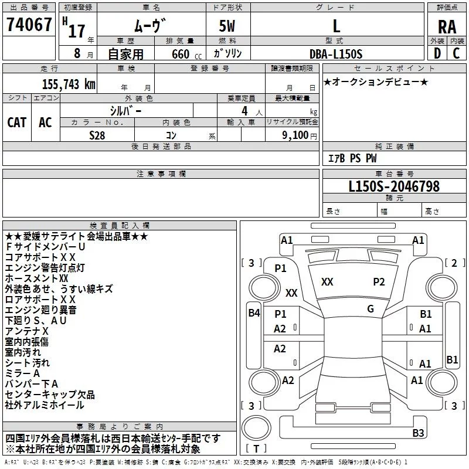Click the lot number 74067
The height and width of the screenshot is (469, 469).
(29, 25)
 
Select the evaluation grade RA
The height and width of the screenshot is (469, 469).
(447, 26)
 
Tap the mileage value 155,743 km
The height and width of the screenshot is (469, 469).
(69, 84)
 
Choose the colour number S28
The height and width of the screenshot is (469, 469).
(97, 134)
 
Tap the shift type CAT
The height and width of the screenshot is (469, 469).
(16, 122)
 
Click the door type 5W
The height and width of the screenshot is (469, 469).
(227, 26)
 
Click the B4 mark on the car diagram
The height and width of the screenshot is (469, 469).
(253, 313)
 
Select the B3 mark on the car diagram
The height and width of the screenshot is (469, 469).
(434, 433)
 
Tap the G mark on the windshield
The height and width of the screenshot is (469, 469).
(371, 309)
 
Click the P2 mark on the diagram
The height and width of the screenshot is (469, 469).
(379, 282)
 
